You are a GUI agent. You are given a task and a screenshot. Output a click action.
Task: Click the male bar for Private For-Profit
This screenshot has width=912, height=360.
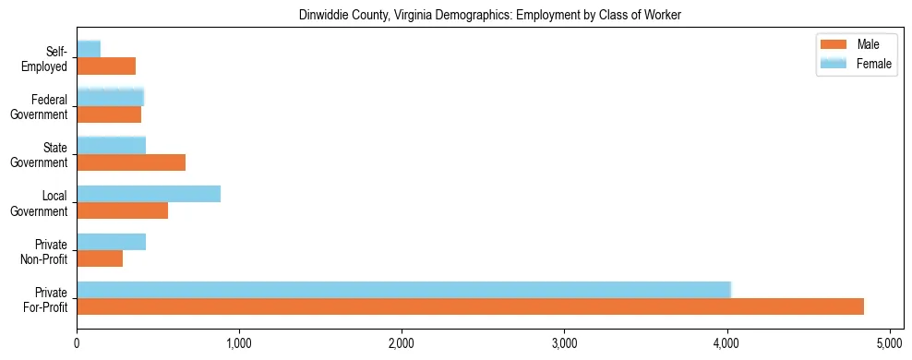(470, 306)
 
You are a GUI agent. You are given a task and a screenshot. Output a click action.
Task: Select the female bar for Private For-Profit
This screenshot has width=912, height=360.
(403, 290)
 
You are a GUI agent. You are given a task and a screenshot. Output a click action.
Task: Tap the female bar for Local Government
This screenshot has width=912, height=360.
(149, 194)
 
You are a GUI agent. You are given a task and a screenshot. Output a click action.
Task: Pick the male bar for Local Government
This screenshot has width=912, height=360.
(122, 210)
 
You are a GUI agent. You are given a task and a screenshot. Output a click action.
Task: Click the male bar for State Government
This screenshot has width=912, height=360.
(131, 162)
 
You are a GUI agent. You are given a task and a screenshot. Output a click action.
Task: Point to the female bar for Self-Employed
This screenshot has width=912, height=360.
(89, 49)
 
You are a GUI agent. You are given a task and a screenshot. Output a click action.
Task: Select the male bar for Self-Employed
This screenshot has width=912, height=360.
(106, 66)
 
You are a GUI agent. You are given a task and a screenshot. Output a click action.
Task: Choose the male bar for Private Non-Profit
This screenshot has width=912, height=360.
(100, 258)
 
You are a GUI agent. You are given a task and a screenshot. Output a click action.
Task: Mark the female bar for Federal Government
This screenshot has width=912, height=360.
(110, 97)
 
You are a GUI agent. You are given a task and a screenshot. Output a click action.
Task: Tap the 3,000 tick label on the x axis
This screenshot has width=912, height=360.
(564, 344)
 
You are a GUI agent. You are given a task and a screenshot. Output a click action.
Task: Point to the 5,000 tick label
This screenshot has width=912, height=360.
(889, 344)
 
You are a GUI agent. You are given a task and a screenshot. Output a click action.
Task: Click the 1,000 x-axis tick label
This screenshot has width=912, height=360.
(239, 344)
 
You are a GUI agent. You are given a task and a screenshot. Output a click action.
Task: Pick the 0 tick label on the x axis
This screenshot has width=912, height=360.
(77, 344)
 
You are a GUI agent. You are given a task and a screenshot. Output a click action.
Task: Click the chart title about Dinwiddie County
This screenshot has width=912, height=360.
(489, 16)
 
